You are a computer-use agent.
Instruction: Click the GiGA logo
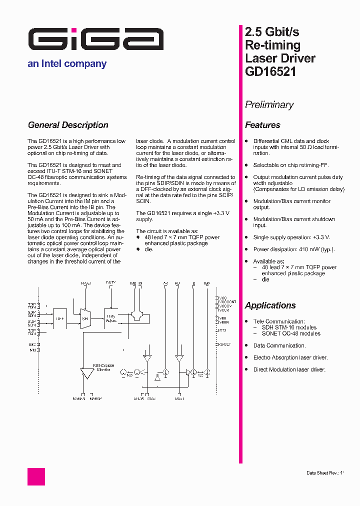pos(95,39)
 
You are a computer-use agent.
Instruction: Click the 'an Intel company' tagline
pos(67,64)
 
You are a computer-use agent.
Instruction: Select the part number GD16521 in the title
pos(270,71)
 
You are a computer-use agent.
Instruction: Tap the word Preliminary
pos(269,105)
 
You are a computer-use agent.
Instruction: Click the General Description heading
pos(68,125)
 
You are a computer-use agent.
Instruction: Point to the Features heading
pos(262,125)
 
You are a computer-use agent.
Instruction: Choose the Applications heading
pos(270,305)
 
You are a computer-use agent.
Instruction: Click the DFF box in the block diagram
pos(60,318)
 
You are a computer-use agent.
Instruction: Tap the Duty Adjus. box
pos(111,318)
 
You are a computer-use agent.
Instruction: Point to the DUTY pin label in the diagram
pos(110,283)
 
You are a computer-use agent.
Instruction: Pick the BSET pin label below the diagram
pos(179,399)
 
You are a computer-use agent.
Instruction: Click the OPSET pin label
pos(224,344)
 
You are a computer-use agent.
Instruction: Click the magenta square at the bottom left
pos(36,476)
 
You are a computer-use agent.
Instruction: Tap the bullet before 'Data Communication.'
pos(247,345)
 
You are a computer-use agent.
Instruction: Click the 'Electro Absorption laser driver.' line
pos(290,357)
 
